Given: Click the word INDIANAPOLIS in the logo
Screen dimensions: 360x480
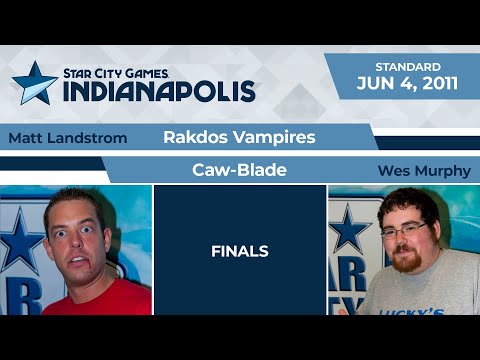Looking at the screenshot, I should pyautogui.click(x=159, y=90).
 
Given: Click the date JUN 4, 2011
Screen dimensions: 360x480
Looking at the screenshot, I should pyautogui.click(x=407, y=83).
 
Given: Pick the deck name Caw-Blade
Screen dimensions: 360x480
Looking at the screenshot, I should pyautogui.click(x=239, y=170).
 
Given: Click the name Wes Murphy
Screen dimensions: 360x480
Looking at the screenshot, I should pyautogui.click(x=423, y=171).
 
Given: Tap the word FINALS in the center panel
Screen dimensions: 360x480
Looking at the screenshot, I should pyautogui.click(x=239, y=252).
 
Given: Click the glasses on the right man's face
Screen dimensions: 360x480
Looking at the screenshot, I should pyautogui.click(x=404, y=231).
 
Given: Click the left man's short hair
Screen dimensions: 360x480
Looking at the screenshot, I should pyautogui.click(x=76, y=198).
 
